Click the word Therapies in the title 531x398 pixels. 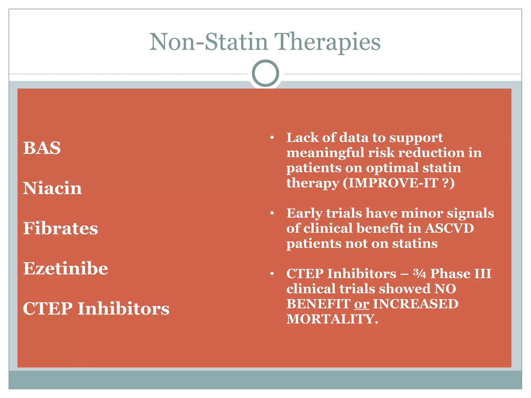(x=327, y=42)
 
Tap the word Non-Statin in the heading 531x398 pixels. (x=208, y=42)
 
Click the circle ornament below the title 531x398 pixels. (x=265, y=73)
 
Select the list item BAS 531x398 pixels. (x=42, y=148)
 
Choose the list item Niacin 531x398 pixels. (x=52, y=188)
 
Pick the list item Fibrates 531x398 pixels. (x=60, y=228)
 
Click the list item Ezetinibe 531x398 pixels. (x=65, y=268)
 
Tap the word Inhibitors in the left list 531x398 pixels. (x=123, y=309)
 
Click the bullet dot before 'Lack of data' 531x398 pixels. (x=272, y=138)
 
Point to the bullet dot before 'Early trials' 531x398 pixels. (x=272, y=213)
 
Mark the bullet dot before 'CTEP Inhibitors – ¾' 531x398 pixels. (x=272, y=274)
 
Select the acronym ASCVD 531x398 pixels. (x=449, y=228)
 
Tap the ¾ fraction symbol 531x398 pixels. (x=420, y=274)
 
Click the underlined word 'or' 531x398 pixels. (x=361, y=304)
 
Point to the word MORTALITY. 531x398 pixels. (x=332, y=319)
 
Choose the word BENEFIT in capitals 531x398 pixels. (x=318, y=304)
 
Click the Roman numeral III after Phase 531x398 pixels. (x=483, y=274)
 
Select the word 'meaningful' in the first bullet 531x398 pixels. (x=325, y=153)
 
